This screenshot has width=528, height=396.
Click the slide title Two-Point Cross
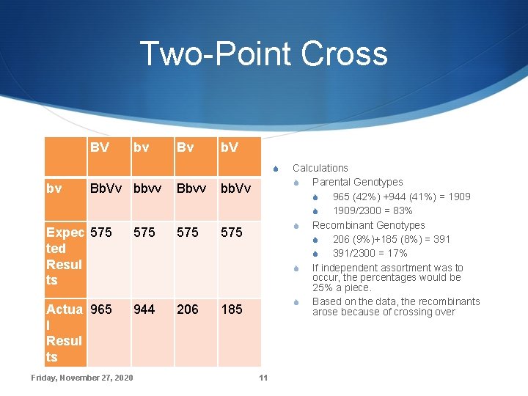[263, 54]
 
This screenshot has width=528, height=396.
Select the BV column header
[100, 147]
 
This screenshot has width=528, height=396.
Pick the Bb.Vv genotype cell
[106, 188]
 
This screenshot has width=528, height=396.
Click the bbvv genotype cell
[149, 188]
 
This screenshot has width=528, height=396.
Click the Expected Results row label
[65, 256]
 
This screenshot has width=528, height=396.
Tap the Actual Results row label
[65, 333]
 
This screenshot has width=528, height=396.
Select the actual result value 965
[101, 309]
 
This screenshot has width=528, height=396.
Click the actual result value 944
[144, 309]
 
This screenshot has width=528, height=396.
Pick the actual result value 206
[188, 309]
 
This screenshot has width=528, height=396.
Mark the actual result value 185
[232, 309]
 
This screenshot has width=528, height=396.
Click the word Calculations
[320, 168]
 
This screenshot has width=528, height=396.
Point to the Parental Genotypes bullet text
[358, 182]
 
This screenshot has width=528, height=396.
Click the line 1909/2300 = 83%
[373, 210]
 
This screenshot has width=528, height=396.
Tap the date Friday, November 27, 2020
[82, 378]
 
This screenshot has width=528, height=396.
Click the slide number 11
[263, 378]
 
